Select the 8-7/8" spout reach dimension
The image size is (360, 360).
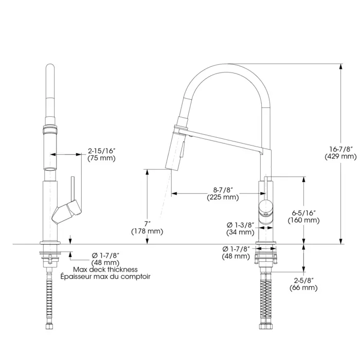tap(223, 190)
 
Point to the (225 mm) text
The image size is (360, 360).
tap(223, 197)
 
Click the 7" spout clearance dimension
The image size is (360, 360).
tap(147, 224)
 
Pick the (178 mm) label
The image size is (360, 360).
tap(147, 231)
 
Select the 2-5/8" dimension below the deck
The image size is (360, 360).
tap(303, 280)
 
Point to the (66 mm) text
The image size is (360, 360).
tap(303, 287)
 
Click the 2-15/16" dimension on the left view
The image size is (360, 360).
tap(101, 151)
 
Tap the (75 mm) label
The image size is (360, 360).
tap(101, 158)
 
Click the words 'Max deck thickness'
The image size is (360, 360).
tap(105, 269)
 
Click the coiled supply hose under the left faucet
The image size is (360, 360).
tap(50, 298)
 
